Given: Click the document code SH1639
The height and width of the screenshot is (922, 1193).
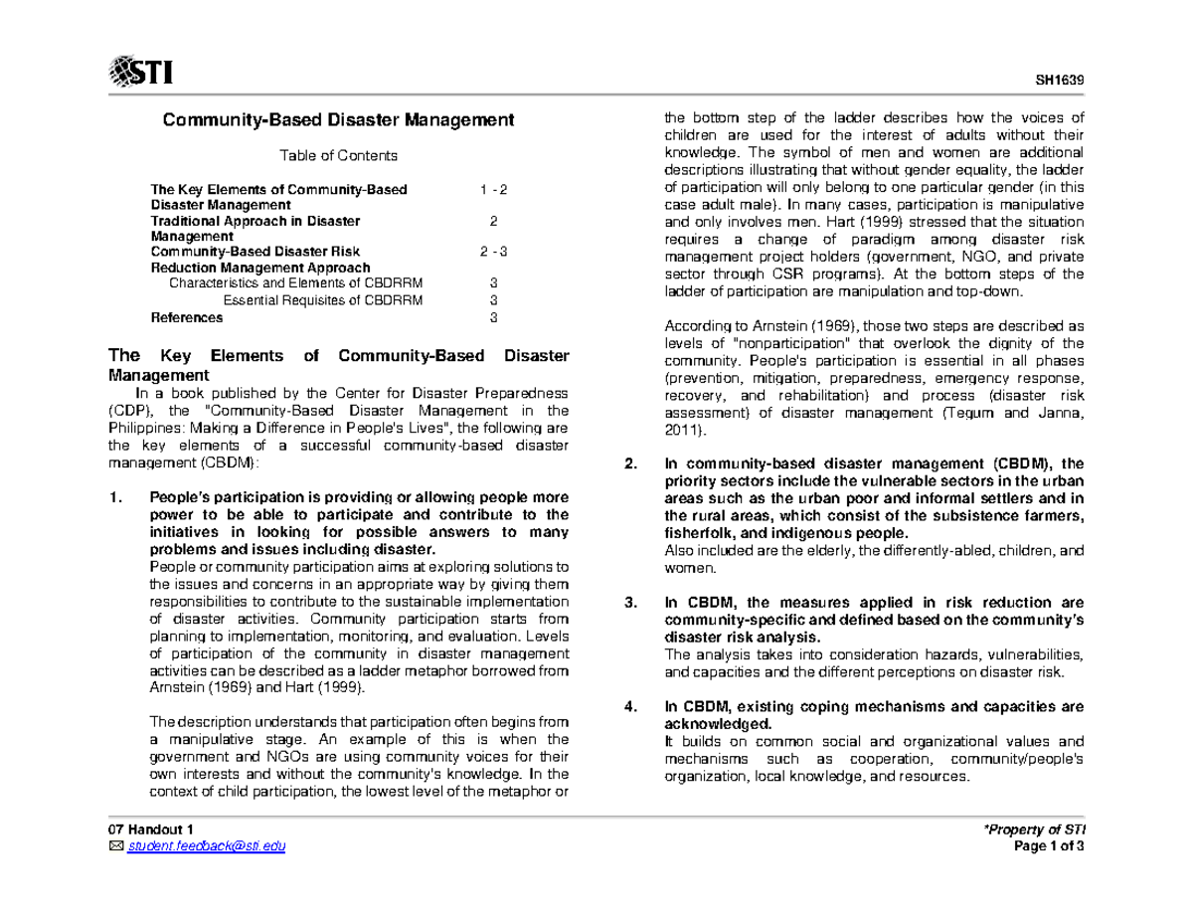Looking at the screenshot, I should pyautogui.click(x=1065, y=81).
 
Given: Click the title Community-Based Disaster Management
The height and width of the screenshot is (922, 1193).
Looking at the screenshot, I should pyautogui.click(x=339, y=120).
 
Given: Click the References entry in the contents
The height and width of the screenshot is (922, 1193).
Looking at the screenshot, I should pyautogui.click(x=187, y=318).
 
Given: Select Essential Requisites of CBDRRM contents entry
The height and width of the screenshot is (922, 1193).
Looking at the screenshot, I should pyautogui.click(x=322, y=300).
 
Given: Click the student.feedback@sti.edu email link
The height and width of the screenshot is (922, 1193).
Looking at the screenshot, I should pyautogui.click(x=206, y=845).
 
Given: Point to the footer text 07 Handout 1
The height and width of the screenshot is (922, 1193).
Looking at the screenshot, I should pyautogui.click(x=152, y=830).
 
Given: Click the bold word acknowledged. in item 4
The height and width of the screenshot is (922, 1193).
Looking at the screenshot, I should pyautogui.click(x=704, y=723).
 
